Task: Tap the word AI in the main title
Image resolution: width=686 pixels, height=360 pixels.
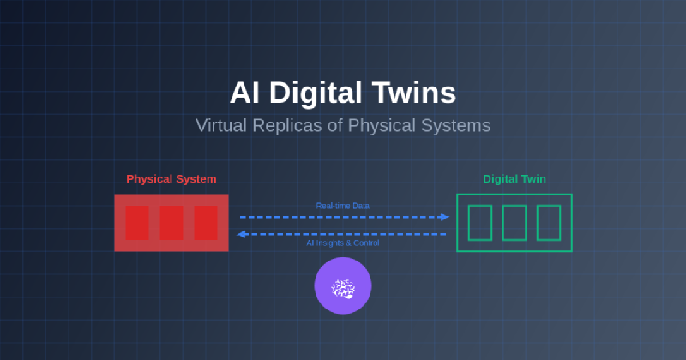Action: pyautogui.click(x=245, y=93)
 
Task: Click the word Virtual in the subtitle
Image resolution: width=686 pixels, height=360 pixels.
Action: pyautogui.click(x=221, y=125)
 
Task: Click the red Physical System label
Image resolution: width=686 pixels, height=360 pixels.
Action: pyautogui.click(x=171, y=179)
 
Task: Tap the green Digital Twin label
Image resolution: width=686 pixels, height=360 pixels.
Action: pyautogui.click(x=514, y=179)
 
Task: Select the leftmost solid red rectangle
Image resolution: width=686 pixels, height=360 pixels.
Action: pyautogui.click(x=137, y=223)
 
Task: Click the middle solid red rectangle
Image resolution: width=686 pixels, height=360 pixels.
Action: pyautogui.click(x=171, y=223)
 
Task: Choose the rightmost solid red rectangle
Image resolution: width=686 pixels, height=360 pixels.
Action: pyautogui.click(x=206, y=223)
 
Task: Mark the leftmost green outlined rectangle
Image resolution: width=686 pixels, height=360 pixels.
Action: pyautogui.click(x=480, y=223)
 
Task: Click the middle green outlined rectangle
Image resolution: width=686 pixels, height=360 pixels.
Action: pyautogui.click(x=514, y=223)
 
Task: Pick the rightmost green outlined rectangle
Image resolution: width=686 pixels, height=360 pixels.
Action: pyautogui.click(x=549, y=223)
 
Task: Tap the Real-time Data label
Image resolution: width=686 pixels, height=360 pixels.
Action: pyautogui.click(x=343, y=206)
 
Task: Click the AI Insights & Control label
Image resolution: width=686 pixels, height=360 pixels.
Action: pyautogui.click(x=343, y=243)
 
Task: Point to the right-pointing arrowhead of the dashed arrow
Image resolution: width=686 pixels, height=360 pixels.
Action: pyautogui.click(x=444, y=217)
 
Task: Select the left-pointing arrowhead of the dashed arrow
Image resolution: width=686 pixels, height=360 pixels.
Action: pyautogui.click(x=242, y=234)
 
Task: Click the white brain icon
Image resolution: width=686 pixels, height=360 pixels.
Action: pyautogui.click(x=343, y=289)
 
